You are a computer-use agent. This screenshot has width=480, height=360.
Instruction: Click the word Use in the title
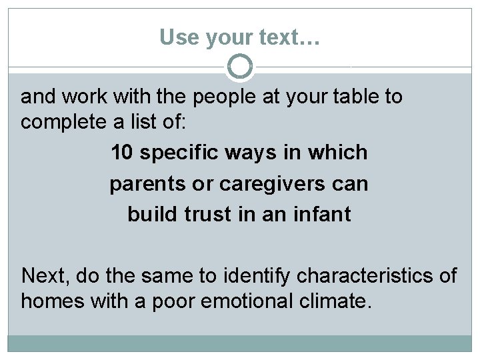point(175,37)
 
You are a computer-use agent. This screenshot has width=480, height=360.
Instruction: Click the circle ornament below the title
point(240,67)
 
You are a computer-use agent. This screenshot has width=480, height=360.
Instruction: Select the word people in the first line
point(224,97)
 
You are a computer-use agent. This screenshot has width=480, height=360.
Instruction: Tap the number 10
point(121,153)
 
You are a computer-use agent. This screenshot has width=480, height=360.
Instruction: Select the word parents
point(148,183)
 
